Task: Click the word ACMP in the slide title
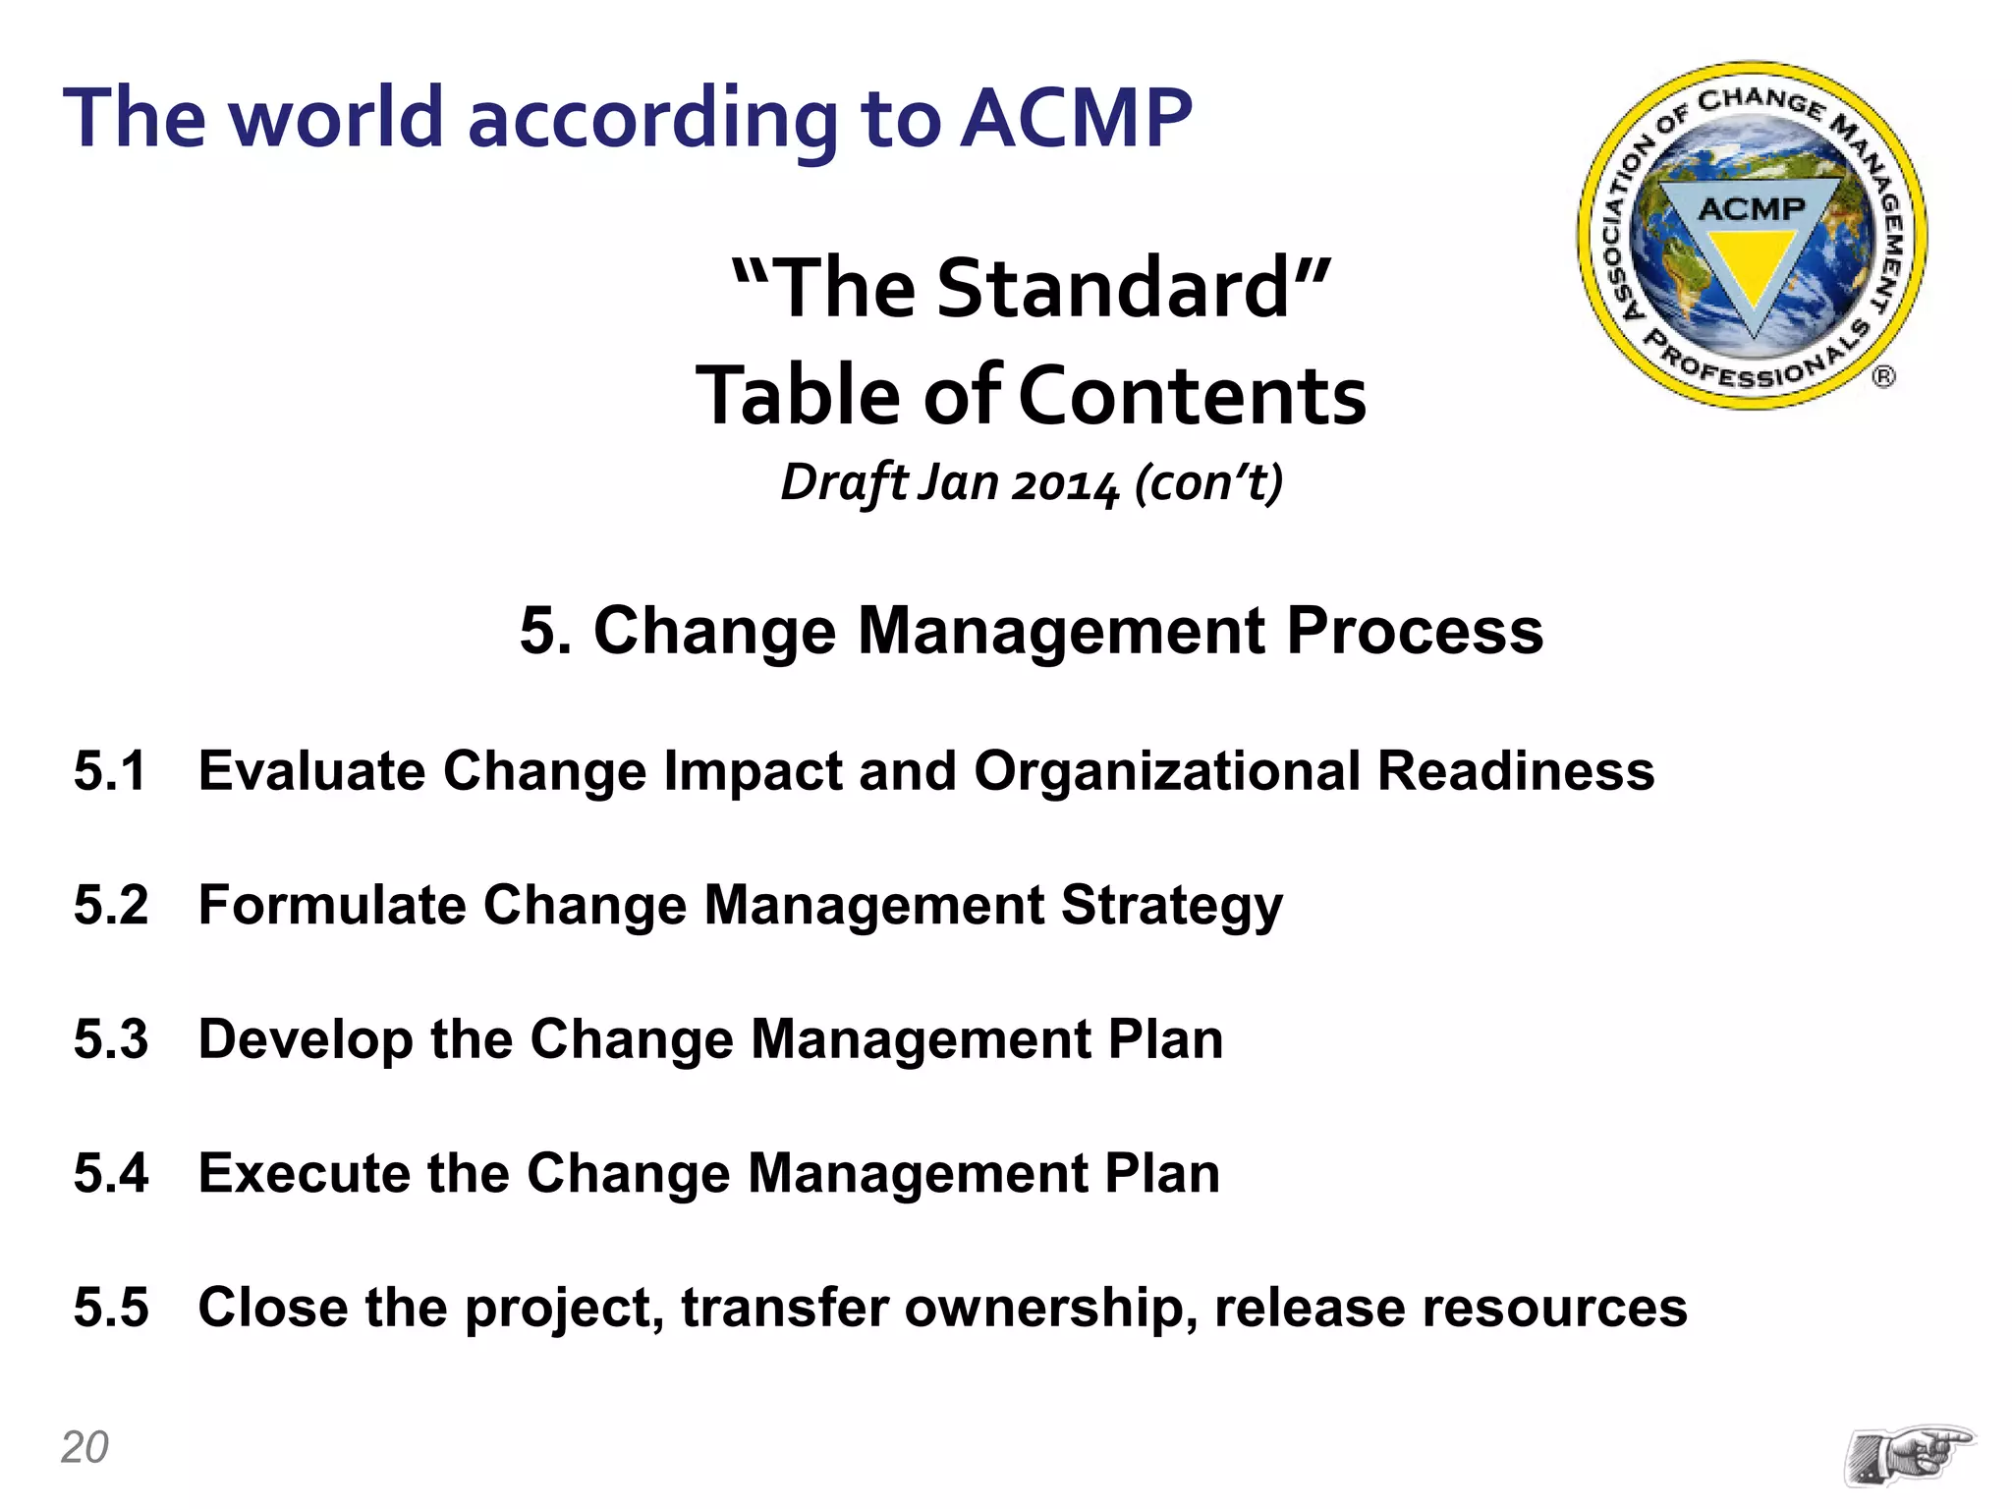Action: (x=1075, y=119)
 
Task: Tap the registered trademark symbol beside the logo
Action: (x=1883, y=376)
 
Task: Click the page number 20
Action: (x=84, y=1447)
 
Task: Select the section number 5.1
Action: (x=110, y=771)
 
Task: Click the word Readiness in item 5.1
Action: (x=1515, y=771)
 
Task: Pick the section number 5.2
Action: (x=111, y=905)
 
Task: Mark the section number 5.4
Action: (x=111, y=1173)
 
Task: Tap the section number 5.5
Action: (x=111, y=1308)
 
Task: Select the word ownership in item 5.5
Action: (x=1043, y=1308)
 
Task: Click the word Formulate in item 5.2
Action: (x=332, y=905)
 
